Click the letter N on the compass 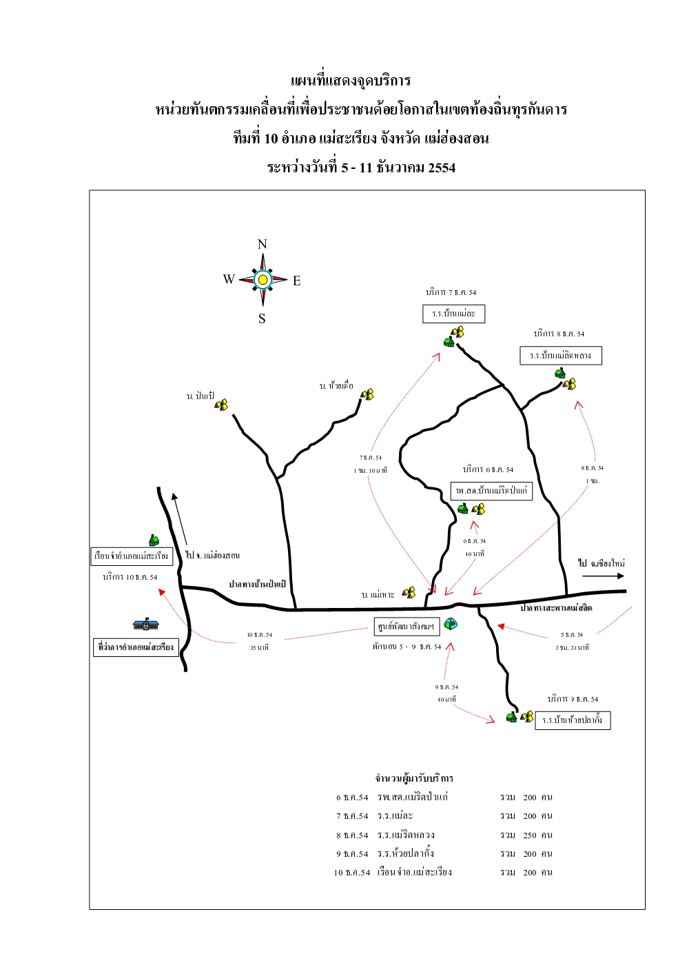click(262, 244)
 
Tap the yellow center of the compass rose click(263, 279)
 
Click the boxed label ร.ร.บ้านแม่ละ click(453, 314)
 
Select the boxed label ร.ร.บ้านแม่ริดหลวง click(560, 356)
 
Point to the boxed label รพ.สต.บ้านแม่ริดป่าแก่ click(491, 490)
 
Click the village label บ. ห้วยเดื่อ click(336, 386)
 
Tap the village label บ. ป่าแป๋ click(200, 396)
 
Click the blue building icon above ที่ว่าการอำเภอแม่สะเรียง click(145, 625)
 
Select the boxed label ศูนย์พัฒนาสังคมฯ click(407, 627)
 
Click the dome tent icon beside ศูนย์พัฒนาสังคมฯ click(451, 624)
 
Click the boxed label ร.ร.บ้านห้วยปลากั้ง click(572, 720)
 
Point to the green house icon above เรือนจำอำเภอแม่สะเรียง click(154, 540)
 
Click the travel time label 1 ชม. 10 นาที click(370, 470)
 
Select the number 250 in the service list click(529, 835)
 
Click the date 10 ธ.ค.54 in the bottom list click(352, 872)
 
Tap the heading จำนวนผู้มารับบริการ click(414, 778)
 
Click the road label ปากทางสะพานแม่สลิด click(556, 607)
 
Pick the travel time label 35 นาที click(259, 647)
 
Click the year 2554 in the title click(442, 168)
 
